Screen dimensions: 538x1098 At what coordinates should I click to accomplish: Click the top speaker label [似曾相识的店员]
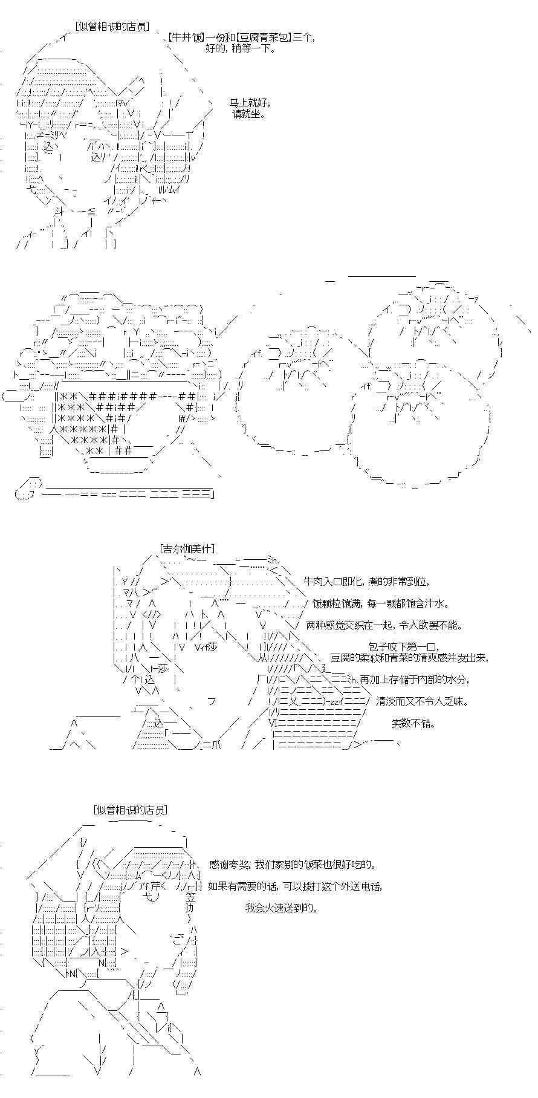(113, 26)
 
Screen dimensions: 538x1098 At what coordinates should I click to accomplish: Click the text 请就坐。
(248, 113)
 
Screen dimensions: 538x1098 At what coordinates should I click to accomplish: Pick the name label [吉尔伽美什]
(188, 548)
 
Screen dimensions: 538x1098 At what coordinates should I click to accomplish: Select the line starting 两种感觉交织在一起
(384, 625)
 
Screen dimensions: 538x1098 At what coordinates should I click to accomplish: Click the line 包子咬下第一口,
(403, 647)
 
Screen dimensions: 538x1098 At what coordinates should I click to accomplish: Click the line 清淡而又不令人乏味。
(423, 701)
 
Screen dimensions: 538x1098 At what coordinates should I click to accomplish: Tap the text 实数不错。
(413, 723)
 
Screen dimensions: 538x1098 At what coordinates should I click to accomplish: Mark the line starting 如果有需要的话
(295, 886)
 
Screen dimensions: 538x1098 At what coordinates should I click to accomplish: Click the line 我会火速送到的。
(281, 908)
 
